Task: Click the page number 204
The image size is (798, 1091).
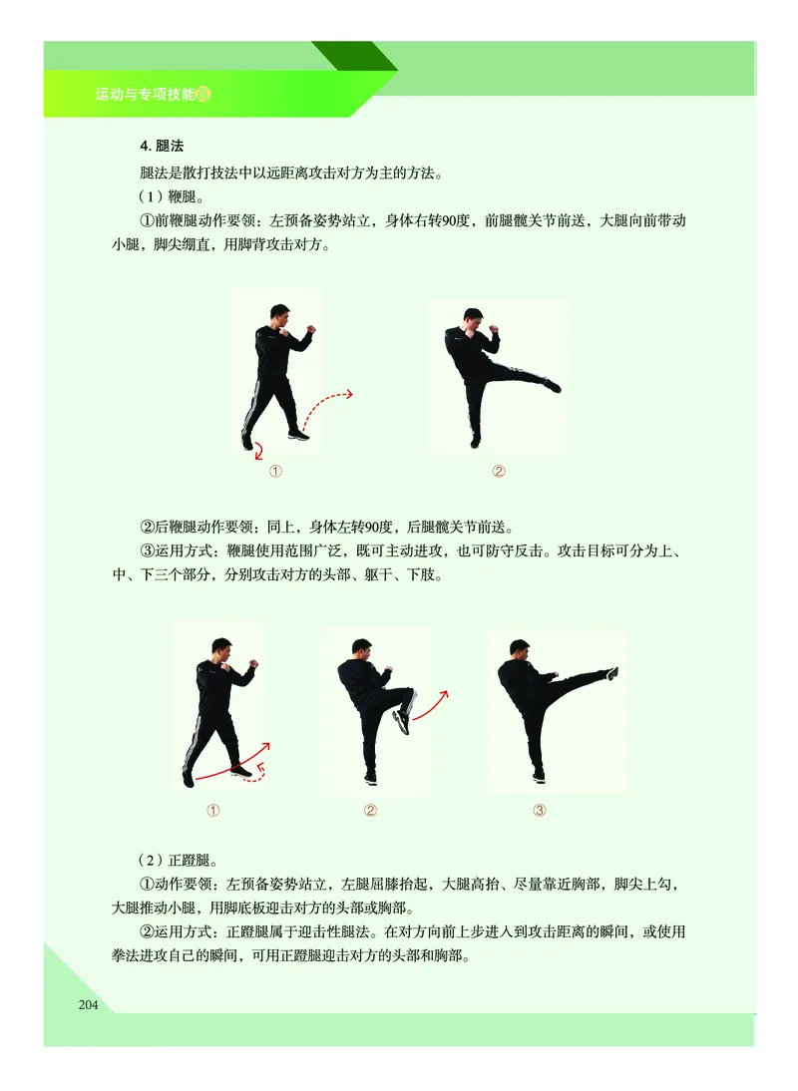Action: [88, 1003]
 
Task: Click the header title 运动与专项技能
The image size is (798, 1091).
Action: [145, 95]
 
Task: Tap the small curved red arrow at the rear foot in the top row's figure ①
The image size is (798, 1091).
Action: [258, 450]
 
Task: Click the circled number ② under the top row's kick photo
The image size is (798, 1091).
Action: [499, 471]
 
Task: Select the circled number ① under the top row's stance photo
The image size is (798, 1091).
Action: [275, 472]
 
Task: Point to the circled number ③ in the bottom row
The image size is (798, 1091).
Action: [540, 810]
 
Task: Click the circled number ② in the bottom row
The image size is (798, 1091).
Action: [370, 810]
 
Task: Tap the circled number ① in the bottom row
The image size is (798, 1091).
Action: [212, 810]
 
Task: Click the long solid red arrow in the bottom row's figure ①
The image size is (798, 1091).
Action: [230, 763]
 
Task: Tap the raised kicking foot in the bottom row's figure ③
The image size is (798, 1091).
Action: [611, 673]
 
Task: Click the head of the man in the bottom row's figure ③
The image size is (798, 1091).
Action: [519, 650]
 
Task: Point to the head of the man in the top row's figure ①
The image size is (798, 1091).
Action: [281, 317]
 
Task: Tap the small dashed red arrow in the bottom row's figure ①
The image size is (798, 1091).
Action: [257, 774]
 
